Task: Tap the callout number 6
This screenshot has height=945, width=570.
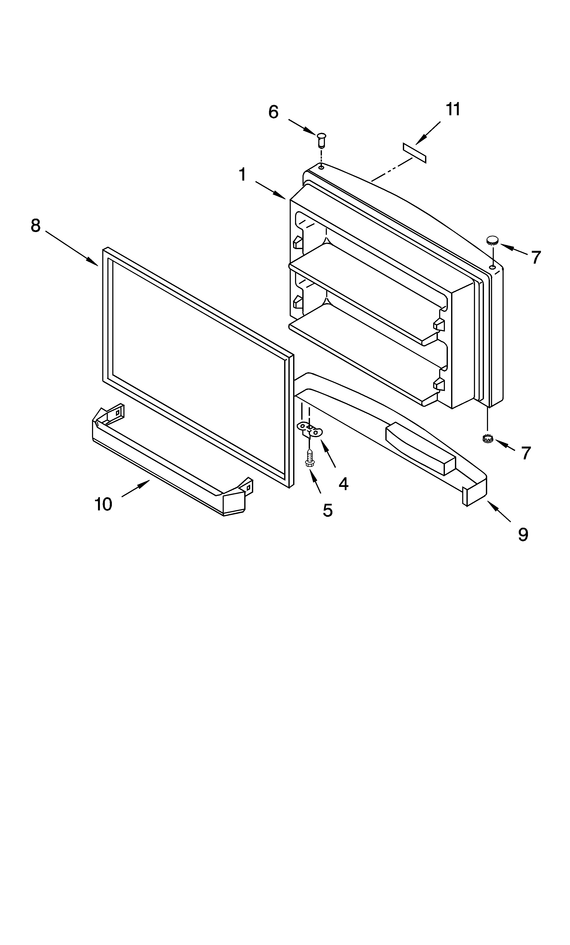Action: [x=273, y=112]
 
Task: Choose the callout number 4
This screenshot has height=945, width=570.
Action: [x=343, y=484]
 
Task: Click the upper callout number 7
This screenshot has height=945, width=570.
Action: [x=536, y=257]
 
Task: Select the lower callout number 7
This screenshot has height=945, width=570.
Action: [x=526, y=453]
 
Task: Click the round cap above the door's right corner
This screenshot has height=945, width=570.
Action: [x=493, y=241]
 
